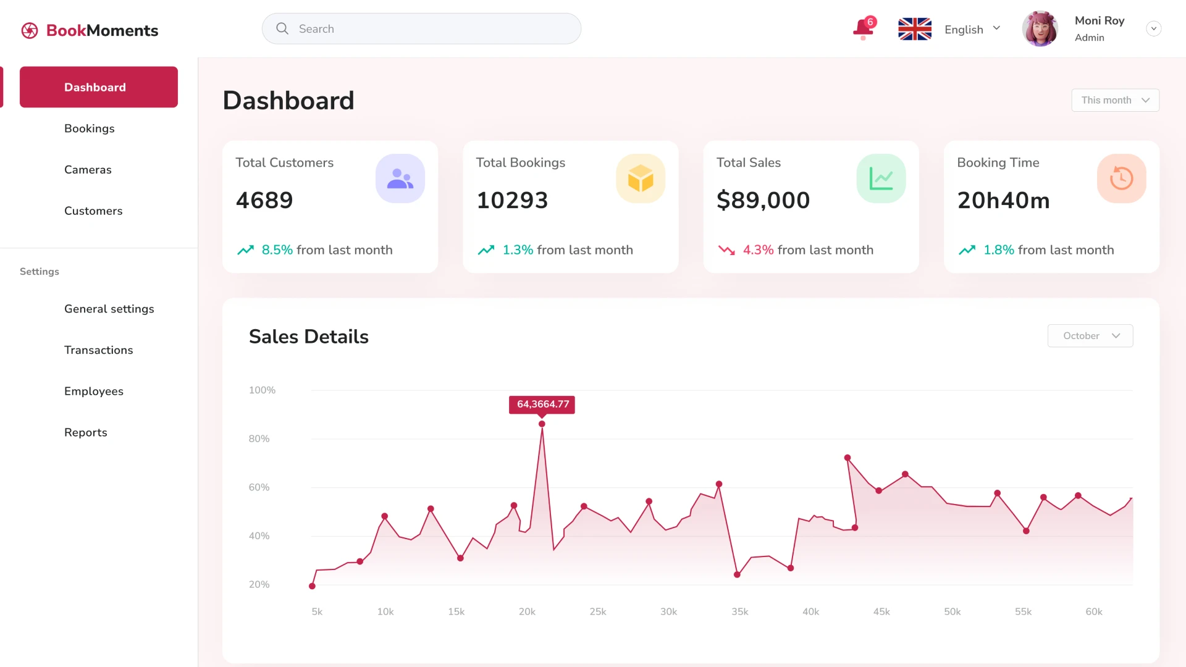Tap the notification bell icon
pyautogui.click(x=863, y=28)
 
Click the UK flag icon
pyautogui.click(x=914, y=29)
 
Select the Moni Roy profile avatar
pyautogui.click(x=1040, y=29)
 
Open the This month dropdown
pyautogui.click(x=1115, y=100)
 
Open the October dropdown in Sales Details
pyautogui.click(x=1090, y=336)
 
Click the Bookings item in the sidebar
pyautogui.click(x=90, y=128)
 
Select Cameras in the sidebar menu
pyautogui.click(x=88, y=170)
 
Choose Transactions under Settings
pyautogui.click(x=99, y=350)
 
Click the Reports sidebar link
pyautogui.click(x=86, y=432)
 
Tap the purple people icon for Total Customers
pyautogui.click(x=400, y=179)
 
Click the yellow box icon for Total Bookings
pyautogui.click(x=641, y=179)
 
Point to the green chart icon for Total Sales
pyautogui.click(x=881, y=179)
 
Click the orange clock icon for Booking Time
pyautogui.click(x=1121, y=179)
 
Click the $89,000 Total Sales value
pyautogui.click(x=763, y=200)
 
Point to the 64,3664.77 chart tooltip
pyautogui.click(x=542, y=405)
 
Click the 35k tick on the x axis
pyautogui.click(x=740, y=611)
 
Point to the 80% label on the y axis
pyautogui.click(x=259, y=438)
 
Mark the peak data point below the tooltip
pyautogui.click(x=542, y=424)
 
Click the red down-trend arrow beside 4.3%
pyautogui.click(x=726, y=250)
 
